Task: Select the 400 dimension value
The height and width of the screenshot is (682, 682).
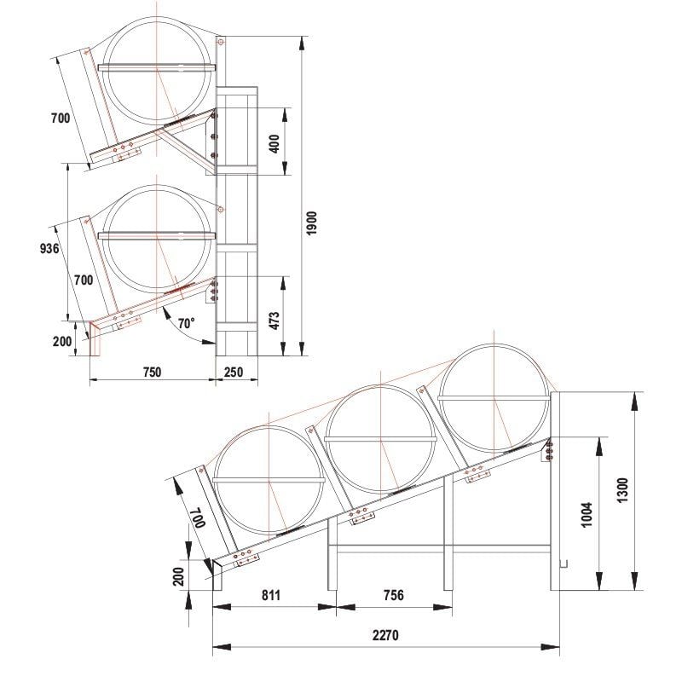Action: coord(275,142)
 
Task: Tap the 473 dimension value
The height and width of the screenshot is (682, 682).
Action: coord(275,321)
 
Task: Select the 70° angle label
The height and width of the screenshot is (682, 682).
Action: coord(187,323)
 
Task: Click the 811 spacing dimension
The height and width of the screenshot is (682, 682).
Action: coord(271,594)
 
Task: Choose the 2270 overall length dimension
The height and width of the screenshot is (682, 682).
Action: coord(386,635)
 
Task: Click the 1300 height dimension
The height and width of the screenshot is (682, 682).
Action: coord(623,493)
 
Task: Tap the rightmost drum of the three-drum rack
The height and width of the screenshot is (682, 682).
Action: coord(494,396)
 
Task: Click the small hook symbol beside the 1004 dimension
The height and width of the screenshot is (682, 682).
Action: coord(563,564)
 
